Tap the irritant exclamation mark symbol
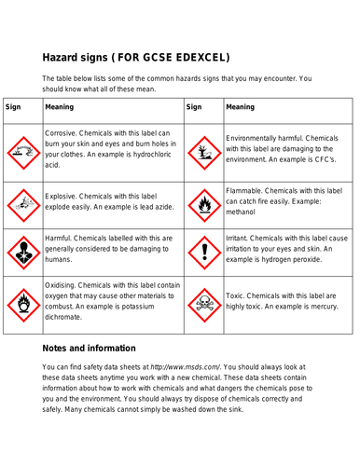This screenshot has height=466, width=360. pos(202,250)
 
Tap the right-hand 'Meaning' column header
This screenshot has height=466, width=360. pos(240,107)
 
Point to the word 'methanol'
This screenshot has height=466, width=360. pos(246,212)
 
